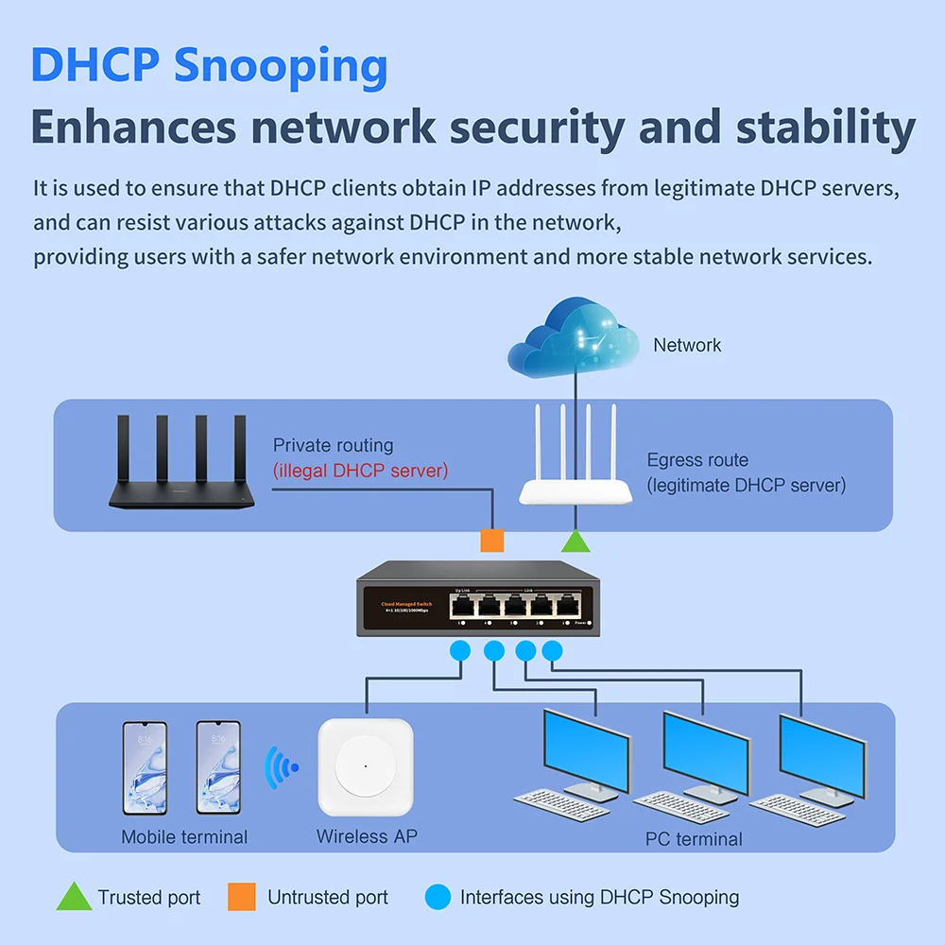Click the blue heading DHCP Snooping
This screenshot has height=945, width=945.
pos(209,67)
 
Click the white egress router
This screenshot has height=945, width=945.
pos(575,472)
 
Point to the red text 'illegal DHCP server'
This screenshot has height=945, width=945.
pos(360,471)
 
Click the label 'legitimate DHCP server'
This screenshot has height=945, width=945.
pos(747,486)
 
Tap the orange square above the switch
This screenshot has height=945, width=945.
pos(492,541)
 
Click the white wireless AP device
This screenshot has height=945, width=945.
pos(365,767)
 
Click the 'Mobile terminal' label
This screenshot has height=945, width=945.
pos(184,837)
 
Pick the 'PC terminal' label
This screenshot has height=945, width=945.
pos(694,839)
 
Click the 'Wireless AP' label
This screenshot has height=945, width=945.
pos(367,836)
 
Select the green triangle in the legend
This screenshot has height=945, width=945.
pos(74,898)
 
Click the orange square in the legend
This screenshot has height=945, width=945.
pos(242,897)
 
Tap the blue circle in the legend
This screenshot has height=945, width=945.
pos(438,897)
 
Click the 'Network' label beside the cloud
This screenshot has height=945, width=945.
pos(687,346)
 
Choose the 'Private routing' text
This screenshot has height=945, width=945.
pos(333,445)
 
